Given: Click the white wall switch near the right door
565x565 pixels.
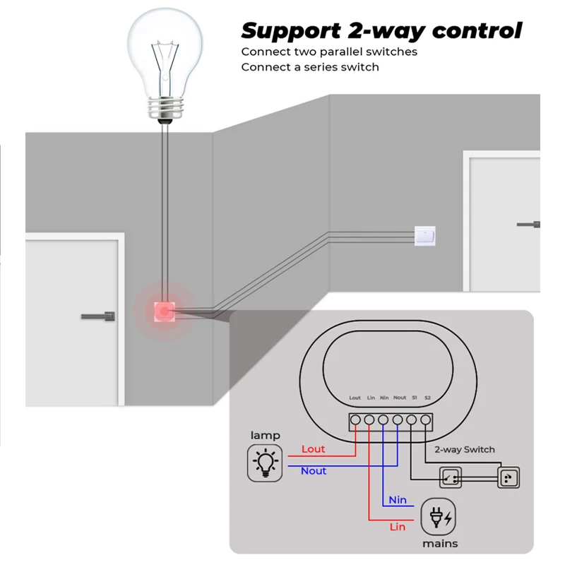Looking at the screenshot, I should tap(424, 234).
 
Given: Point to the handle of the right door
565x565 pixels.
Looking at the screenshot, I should tap(529, 224).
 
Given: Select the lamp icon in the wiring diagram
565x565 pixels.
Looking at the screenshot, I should tap(265, 463).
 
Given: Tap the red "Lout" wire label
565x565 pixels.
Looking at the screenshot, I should tap(313, 449).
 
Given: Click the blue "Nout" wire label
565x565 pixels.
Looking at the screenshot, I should tap(313, 470).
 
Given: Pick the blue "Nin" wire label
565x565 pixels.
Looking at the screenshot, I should tap(398, 500).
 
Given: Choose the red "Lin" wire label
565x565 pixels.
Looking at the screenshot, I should tap(398, 527).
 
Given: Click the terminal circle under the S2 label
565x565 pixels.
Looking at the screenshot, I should tap(426, 421).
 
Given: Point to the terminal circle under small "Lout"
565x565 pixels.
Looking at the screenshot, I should tap(355, 421).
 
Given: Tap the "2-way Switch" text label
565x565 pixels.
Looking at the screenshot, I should tap(464, 449).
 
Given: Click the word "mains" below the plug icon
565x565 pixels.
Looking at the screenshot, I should tap(440, 544).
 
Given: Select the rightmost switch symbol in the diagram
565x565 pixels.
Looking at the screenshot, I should tap(507, 478).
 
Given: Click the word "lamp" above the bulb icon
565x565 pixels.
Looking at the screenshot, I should tap(265, 435).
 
